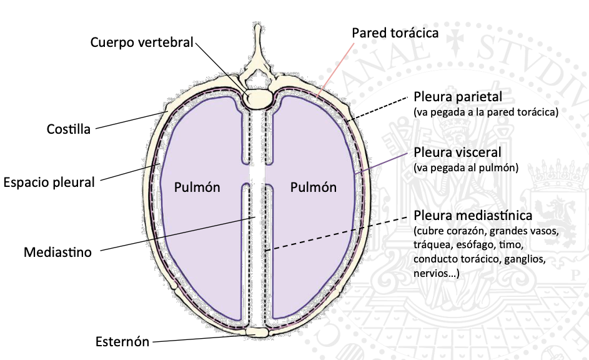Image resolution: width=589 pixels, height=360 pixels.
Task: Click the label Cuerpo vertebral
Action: click(x=142, y=42)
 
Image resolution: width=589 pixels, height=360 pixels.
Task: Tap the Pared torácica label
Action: click(x=395, y=32)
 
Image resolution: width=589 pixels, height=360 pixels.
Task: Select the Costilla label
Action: click(x=69, y=129)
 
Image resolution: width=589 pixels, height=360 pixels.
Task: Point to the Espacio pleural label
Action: click(x=49, y=182)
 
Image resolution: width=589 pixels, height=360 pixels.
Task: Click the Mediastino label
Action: click(x=58, y=252)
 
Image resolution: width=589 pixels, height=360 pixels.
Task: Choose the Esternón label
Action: click(x=122, y=342)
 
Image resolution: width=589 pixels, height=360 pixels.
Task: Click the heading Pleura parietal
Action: click(x=458, y=97)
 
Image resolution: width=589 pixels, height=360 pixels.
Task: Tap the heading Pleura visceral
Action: click(x=457, y=152)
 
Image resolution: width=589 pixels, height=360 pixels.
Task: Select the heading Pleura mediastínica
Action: click(x=473, y=216)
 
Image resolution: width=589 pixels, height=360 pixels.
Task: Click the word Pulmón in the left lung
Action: click(x=197, y=187)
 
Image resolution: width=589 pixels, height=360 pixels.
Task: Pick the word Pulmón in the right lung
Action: click(x=314, y=187)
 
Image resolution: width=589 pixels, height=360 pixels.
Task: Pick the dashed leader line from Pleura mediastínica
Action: click(x=337, y=234)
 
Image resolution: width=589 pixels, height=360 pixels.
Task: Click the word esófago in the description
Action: click(x=480, y=246)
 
